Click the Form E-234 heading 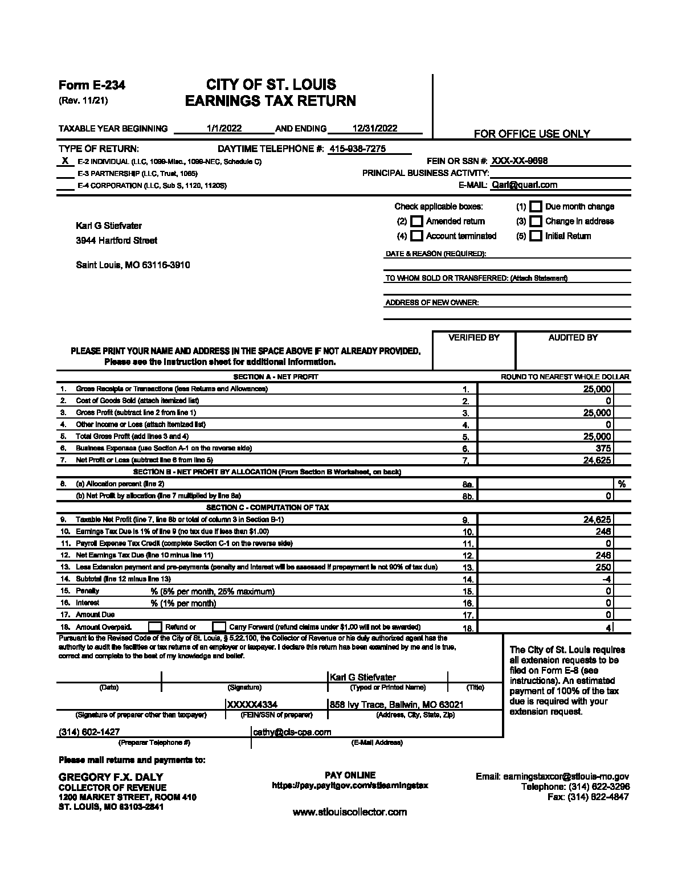point(92,85)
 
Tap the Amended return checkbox point(417,221)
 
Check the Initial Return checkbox point(536,236)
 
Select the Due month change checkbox point(536,206)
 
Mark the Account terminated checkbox point(417,236)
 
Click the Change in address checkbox point(536,221)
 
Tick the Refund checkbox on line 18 point(155,627)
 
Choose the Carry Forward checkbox point(219,627)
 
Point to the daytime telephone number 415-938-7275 point(358,149)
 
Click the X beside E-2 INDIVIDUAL point(66,161)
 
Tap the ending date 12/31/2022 point(375,128)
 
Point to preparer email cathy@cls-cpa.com point(292,732)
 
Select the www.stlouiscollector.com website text point(350,812)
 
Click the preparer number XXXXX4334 point(252,704)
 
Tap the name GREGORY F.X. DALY point(111,777)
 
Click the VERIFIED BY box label point(474,338)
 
